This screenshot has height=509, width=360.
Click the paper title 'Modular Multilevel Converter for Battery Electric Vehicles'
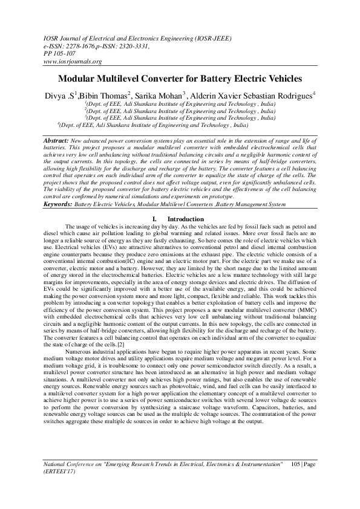[x=179, y=79]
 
